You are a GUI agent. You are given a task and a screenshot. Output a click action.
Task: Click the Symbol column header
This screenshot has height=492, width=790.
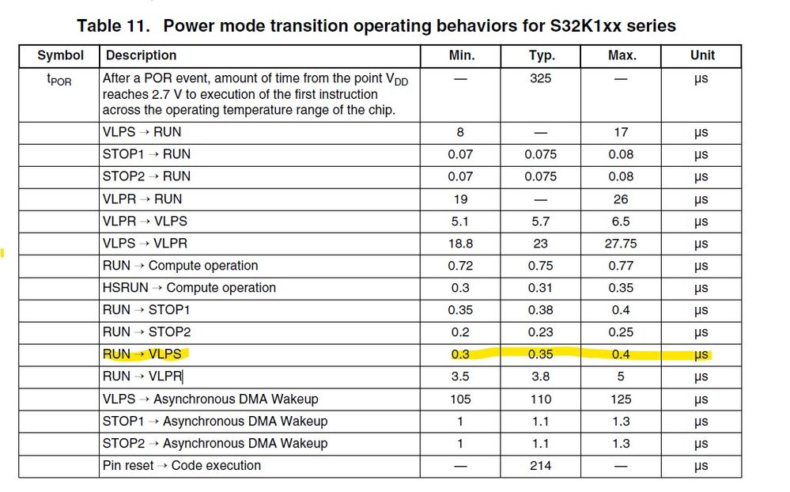[x=60, y=55]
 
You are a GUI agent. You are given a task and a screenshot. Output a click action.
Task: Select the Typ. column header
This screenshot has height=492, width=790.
[x=541, y=55]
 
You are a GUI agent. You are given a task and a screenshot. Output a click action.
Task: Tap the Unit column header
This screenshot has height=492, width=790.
[x=701, y=55]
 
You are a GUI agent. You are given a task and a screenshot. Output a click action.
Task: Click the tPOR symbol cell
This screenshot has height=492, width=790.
[x=60, y=80]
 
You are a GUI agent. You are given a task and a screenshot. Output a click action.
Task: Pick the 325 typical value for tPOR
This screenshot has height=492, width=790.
[x=541, y=78]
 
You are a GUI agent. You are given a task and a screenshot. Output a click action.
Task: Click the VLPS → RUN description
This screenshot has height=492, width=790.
[x=142, y=132]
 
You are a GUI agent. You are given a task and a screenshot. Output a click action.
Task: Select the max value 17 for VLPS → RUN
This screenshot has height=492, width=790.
[x=621, y=132]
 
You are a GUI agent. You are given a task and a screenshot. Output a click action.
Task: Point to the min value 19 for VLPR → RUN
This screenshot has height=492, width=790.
[x=460, y=199]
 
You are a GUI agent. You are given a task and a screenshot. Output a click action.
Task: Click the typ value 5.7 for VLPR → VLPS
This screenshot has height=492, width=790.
[x=541, y=221]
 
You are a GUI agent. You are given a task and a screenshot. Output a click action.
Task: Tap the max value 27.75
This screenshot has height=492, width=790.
[x=621, y=244]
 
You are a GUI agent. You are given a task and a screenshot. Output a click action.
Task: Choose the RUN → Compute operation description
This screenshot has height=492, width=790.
[x=180, y=266]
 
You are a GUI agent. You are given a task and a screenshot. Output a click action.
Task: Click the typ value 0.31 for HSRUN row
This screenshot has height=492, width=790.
[x=541, y=288]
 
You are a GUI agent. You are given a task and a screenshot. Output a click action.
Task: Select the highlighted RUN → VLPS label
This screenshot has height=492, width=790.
[x=142, y=354]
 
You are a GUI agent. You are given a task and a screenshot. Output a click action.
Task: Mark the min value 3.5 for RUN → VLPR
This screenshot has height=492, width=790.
[x=460, y=377]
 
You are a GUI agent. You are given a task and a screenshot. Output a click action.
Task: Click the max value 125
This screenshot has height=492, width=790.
[x=621, y=399]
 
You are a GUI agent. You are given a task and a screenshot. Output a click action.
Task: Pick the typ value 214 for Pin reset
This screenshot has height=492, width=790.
[x=541, y=465]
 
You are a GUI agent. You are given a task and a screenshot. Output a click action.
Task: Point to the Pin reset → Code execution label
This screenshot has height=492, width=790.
[x=182, y=465]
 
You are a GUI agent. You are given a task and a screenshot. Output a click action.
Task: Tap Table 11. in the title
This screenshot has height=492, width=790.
[x=113, y=25]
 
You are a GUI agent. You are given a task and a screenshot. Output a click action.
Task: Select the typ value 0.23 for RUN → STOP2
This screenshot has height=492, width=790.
[x=541, y=332]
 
